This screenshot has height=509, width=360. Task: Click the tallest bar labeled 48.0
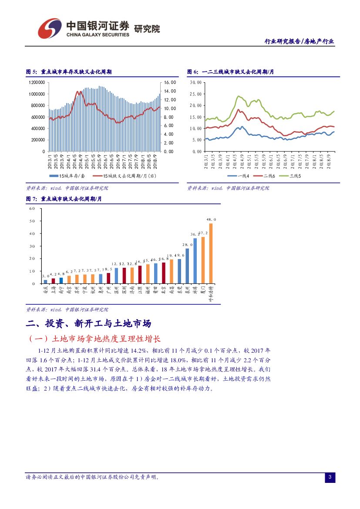[211, 253]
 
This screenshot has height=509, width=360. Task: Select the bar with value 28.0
[187, 266]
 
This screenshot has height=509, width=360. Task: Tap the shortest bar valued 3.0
[45, 281]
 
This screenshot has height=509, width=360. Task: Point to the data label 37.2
[203, 233]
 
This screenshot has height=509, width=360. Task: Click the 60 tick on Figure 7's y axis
[32, 209]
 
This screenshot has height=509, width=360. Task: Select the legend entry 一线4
[242, 176]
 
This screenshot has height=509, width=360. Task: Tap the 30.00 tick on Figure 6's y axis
[196, 82]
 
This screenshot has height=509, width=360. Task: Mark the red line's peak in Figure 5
[78, 91]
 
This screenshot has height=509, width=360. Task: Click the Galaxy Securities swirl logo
[49, 28]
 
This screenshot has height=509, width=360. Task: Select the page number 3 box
[330, 478]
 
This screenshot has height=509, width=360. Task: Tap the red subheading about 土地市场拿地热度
[94, 339]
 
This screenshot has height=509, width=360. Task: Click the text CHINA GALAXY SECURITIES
[98, 34]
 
